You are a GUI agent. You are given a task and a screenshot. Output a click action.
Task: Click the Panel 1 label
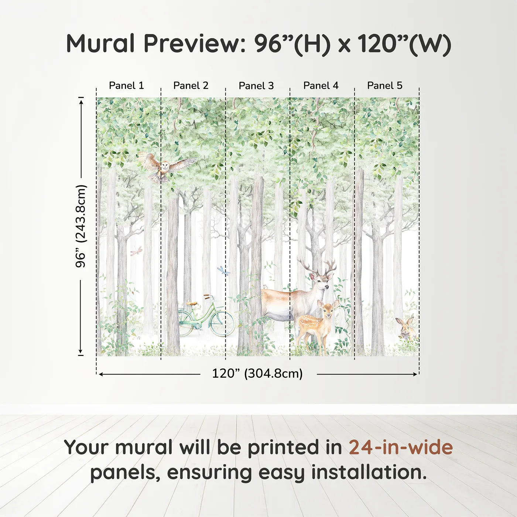126,86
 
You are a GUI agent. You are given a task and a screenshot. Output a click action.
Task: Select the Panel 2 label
191,86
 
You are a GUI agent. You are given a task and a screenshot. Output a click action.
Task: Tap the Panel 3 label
256,86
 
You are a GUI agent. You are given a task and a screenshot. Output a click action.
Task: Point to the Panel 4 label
321,86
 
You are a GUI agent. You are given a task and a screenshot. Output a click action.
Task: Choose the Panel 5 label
385,86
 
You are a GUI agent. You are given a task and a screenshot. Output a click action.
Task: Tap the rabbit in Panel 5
405,328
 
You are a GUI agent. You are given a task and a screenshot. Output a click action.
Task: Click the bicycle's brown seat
191,304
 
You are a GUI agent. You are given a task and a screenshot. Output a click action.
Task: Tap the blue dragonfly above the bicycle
223,271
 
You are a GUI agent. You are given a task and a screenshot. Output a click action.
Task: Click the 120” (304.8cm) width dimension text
257,374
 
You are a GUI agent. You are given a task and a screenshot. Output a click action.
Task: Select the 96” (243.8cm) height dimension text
81,226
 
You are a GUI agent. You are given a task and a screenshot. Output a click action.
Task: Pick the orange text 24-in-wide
401,447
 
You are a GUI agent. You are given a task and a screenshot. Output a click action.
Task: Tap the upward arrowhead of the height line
81,100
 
